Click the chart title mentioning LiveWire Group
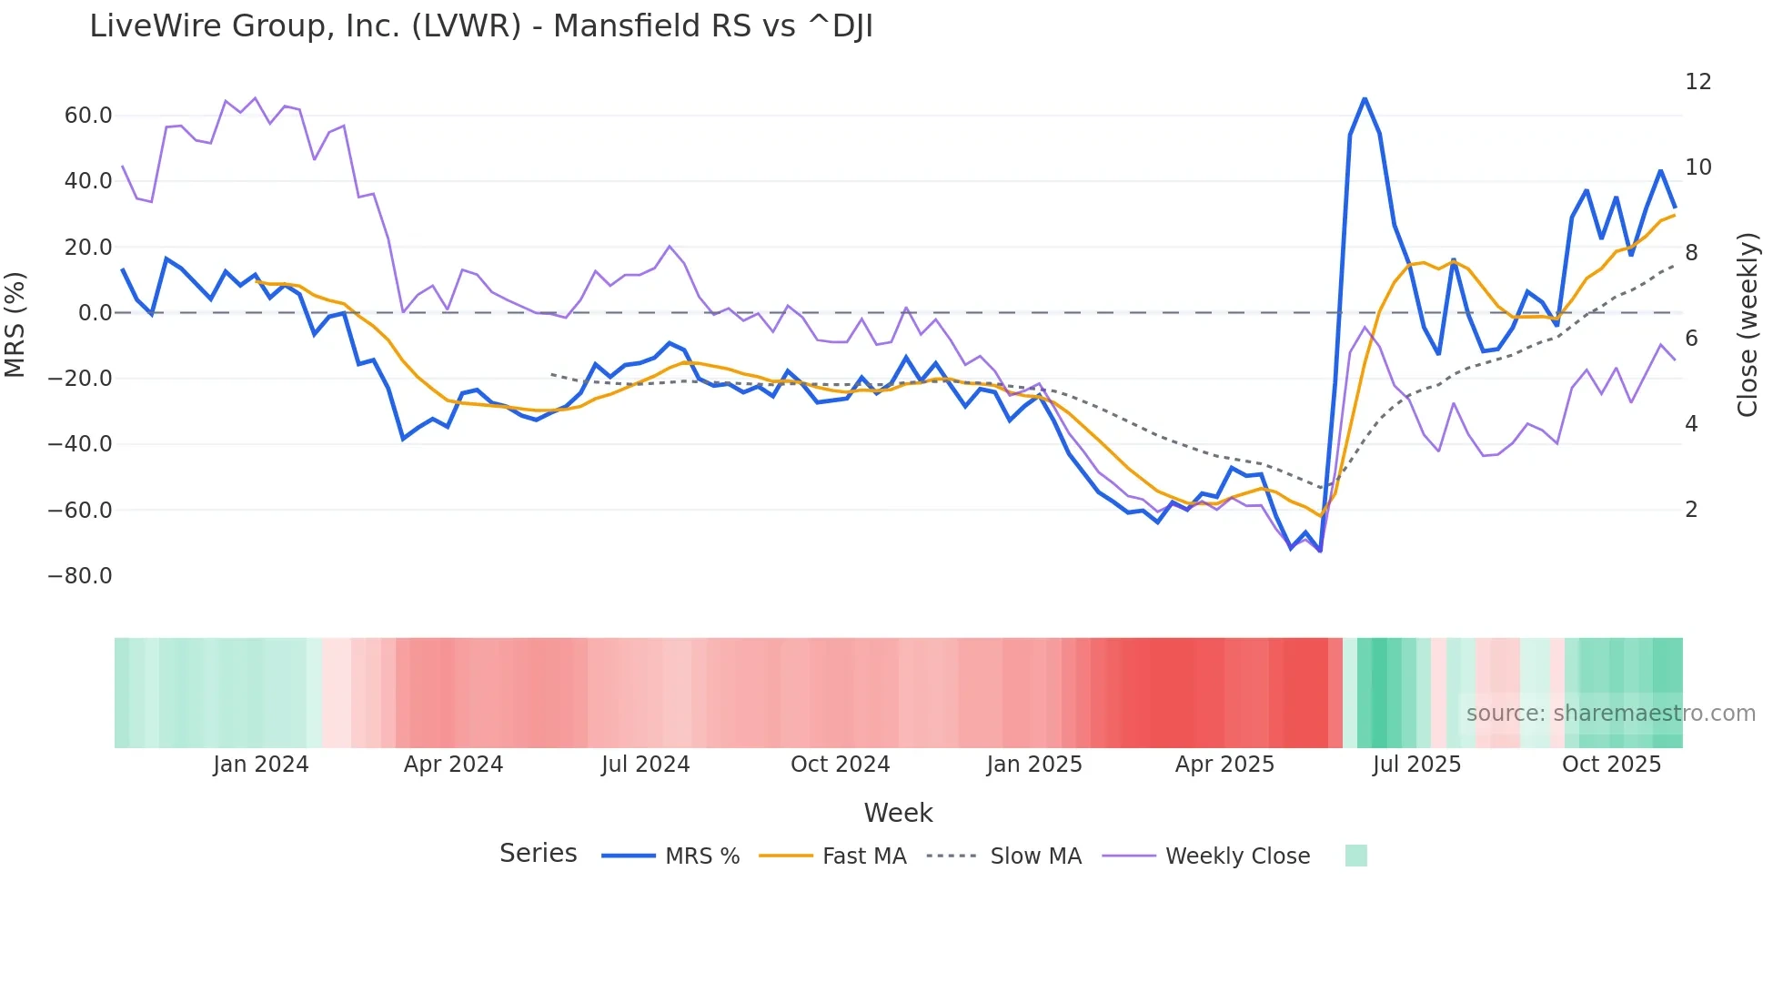[480, 26]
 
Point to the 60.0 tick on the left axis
[88, 116]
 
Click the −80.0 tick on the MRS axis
[80, 576]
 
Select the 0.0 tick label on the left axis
[95, 313]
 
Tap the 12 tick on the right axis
[1697, 82]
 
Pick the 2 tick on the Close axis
[1691, 510]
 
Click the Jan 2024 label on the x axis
[261, 765]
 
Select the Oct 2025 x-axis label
[1611, 765]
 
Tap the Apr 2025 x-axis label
[1224, 765]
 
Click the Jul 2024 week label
[645, 765]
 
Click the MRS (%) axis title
[15, 325]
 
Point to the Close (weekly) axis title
[1748, 325]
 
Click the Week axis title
[898, 813]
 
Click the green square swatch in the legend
[1355, 856]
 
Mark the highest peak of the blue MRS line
[1365, 98]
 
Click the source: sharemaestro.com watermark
[1610, 714]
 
